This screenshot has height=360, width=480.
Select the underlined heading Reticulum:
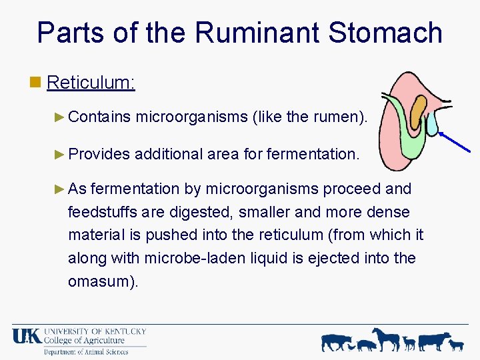coord(91,83)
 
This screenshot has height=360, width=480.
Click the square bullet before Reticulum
coord(36,83)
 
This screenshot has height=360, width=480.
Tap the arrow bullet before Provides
coord(59,154)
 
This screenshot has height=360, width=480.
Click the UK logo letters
coord(26,336)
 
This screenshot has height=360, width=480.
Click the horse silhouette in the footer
coord(387,339)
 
